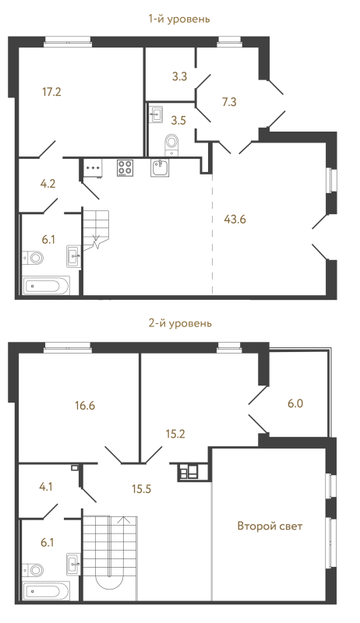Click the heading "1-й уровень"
179,19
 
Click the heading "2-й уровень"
180,323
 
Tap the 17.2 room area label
51,92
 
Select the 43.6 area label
235,219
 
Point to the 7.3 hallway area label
229,102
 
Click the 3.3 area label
179,76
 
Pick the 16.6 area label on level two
85,406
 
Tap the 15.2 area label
175,434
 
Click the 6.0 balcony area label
295,403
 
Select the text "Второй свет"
270,526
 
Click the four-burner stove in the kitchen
125,167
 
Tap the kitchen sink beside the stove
160,167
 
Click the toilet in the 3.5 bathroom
172,144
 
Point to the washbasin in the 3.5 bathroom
155,114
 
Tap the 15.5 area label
142,489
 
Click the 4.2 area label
48,184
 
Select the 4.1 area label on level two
47,486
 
